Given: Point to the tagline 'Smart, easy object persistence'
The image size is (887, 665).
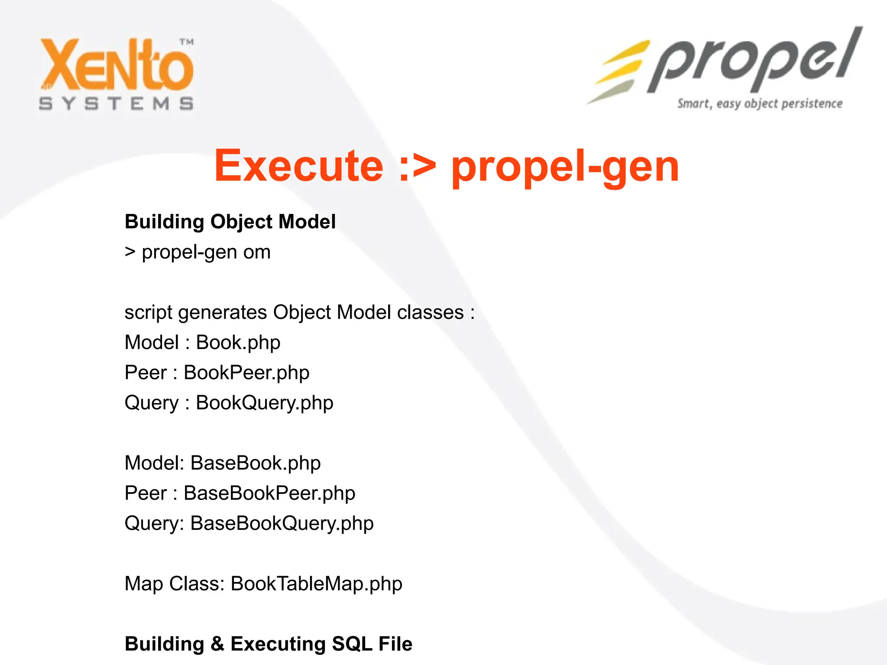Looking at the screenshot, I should point(760,104).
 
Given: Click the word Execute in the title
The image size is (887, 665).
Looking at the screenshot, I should point(299,166).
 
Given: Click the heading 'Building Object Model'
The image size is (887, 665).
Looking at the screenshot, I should point(230,222).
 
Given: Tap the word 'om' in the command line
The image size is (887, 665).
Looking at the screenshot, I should point(256,252).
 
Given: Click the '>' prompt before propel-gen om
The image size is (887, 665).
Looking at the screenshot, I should point(130,252).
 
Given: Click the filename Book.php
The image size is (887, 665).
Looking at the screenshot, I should point(238,343).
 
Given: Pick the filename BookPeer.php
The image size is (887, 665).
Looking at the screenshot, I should point(246,373).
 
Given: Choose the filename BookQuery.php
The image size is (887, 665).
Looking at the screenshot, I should point(265,403).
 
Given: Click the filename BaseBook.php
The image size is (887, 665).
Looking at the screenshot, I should point(256,463).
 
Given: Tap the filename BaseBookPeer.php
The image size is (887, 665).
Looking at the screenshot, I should point(269,494).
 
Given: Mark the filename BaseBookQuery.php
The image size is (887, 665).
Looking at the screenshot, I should point(282,523).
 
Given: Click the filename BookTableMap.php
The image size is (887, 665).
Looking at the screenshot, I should point(316,584).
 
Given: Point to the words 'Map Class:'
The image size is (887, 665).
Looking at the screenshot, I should point(174,584).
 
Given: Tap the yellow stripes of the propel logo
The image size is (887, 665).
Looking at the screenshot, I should point(619,69).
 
